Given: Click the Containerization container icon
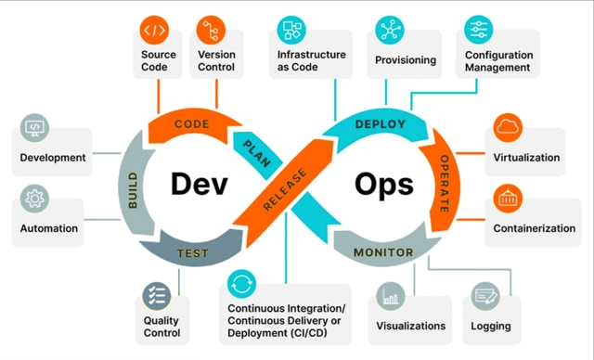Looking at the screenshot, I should [x=509, y=197].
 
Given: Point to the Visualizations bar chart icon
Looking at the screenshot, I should [x=390, y=298].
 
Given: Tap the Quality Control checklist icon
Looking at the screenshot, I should [x=153, y=298].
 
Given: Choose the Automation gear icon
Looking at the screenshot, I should [x=36, y=198].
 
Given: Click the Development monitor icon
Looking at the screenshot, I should [x=35, y=127].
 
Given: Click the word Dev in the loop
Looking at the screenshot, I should [x=200, y=185].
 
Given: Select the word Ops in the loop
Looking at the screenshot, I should [x=384, y=185].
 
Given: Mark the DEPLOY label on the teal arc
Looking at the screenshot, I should [x=381, y=122].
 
